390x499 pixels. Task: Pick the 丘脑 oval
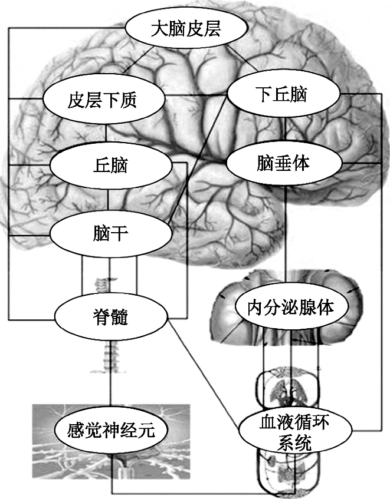pos(110,165)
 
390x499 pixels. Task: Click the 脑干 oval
pos(110,232)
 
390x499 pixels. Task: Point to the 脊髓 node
pos(112,318)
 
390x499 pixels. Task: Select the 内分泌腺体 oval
pos(290,306)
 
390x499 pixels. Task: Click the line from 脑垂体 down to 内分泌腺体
pos(286,236)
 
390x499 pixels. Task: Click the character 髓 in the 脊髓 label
pos(120,319)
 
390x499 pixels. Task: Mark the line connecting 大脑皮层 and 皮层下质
pos(148,65)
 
